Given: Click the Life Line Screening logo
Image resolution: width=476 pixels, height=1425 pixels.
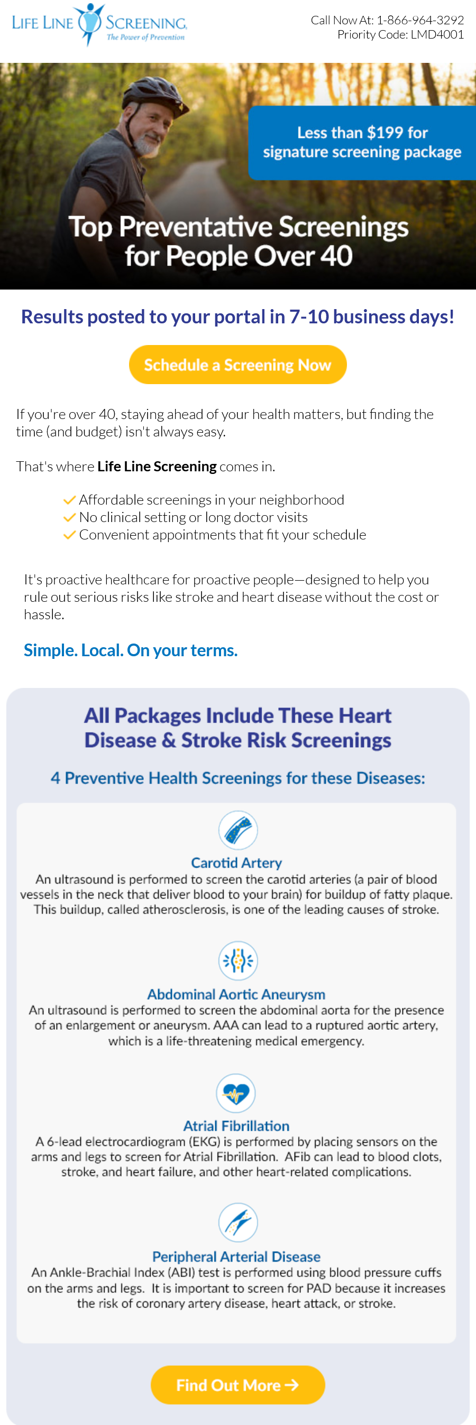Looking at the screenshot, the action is pyautogui.click(x=99, y=24).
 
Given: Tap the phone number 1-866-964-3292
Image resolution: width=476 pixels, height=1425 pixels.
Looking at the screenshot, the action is pyautogui.click(x=420, y=20).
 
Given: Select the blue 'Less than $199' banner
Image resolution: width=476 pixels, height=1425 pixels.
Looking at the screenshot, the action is pyautogui.click(x=362, y=143).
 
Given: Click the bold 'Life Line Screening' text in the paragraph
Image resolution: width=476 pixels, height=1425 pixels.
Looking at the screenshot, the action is pyautogui.click(x=157, y=467).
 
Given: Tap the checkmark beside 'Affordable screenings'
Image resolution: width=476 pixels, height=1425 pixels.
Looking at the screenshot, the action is pyautogui.click(x=69, y=500).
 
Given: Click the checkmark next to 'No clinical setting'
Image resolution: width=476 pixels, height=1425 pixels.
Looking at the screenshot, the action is pyautogui.click(x=69, y=517).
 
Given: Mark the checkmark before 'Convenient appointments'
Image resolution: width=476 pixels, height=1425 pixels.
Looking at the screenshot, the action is pyautogui.click(x=69, y=535).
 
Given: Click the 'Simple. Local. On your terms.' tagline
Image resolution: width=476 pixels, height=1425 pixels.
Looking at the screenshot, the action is pyautogui.click(x=131, y=650).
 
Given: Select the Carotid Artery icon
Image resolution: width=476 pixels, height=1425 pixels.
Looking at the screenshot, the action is pyautogui.click(x=238, y=830).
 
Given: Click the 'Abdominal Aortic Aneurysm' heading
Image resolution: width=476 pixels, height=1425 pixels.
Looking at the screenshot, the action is pyautogui.click(x=236, y=994).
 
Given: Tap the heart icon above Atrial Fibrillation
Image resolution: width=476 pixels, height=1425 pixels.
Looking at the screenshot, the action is pyautogui.click(x=236, y=1093).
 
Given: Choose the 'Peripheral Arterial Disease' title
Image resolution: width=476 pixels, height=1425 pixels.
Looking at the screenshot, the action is pyautogui.click(x=236, y=1256).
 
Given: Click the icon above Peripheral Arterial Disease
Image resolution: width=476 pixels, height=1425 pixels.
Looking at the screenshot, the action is pyautogui.click(x=238, y=1222).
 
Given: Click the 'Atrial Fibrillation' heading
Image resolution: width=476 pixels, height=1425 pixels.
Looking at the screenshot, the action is pyautogui.click(x=236, y=1126).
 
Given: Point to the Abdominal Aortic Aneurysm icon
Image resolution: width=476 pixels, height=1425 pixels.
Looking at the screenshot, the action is pyautogui.click(x=238, y=961).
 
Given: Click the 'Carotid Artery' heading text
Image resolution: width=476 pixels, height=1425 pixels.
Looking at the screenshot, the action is pyautogui.click(x=236, y=862).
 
